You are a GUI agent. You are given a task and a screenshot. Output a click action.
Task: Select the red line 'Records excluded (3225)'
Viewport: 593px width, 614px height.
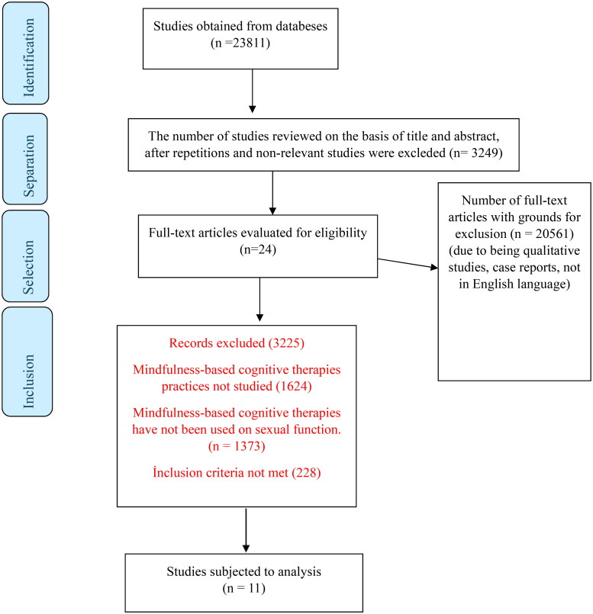[236, 343]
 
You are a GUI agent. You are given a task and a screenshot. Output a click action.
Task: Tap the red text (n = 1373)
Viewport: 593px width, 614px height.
[236, 444]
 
